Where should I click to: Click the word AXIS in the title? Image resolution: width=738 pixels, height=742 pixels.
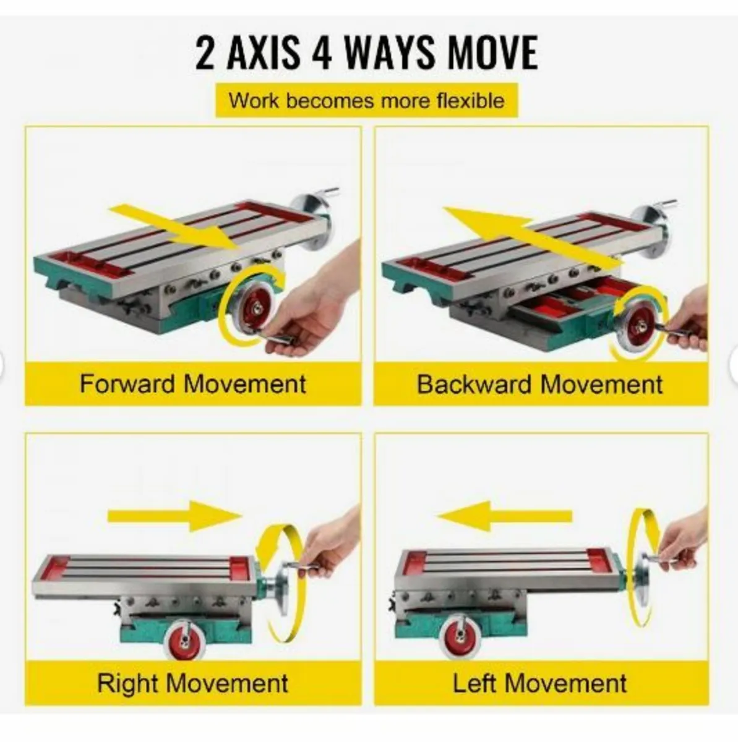(263, 53)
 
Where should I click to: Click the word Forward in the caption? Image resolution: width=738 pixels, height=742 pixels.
(127, 383)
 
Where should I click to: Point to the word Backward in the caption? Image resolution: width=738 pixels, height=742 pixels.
(474, 384)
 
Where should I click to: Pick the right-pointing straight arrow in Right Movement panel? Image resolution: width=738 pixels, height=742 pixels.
(174, 516)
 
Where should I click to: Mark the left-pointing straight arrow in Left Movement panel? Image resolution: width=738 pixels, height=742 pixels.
(505, 516)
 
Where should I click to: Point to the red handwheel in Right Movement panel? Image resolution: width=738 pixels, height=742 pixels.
(182, 641)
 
